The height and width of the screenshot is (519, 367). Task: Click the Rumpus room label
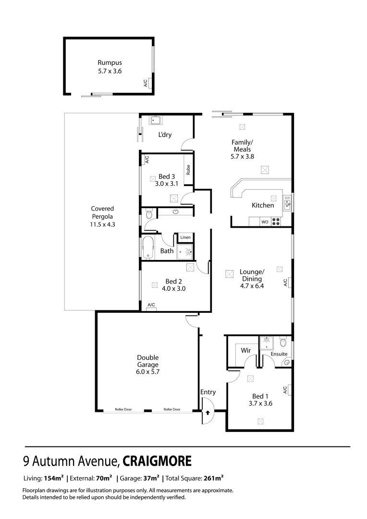[110, 62]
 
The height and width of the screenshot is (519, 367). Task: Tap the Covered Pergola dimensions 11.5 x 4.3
[102, 224]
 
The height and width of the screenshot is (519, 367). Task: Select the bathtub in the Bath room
[147, 247]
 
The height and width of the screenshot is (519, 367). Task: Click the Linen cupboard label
[185, 237]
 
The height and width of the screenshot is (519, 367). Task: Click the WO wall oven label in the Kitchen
[264, 222]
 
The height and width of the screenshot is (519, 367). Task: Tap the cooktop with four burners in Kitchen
[277, 222]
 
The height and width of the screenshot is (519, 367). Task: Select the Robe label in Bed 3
[189, 170]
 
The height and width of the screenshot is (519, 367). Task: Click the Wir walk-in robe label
[246, 350]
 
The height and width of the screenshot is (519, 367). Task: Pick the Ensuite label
[279, 354]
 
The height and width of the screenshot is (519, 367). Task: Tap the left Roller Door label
[123, 409]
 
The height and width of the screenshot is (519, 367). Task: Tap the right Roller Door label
[172, 409]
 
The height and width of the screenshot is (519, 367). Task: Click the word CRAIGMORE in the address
[158, 462]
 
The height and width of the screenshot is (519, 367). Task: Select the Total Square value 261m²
[213, 479]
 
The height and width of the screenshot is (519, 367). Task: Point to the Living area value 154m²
[54, 479]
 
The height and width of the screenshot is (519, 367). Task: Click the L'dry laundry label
[165, 135]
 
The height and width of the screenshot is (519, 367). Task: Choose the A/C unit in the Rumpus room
[150, 83]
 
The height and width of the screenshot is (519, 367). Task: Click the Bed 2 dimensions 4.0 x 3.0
[173, 289]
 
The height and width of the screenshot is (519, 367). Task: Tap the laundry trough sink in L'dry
[155, 120]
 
